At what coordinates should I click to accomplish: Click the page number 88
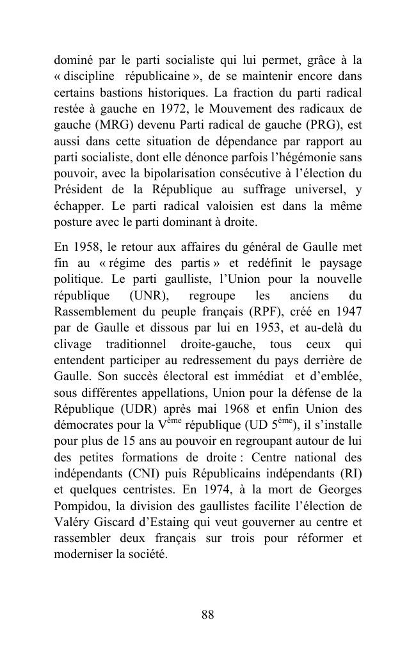click(x=207, y=615)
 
